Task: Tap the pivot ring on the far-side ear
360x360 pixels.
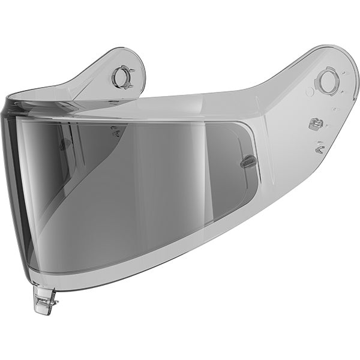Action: click(122, 77)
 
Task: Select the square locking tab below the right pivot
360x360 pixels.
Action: click(313, 124)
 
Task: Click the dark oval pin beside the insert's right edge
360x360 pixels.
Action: click(247, 161)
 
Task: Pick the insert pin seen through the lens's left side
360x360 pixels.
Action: click(65, 144)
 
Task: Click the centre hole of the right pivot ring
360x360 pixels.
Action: click(327, 80)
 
